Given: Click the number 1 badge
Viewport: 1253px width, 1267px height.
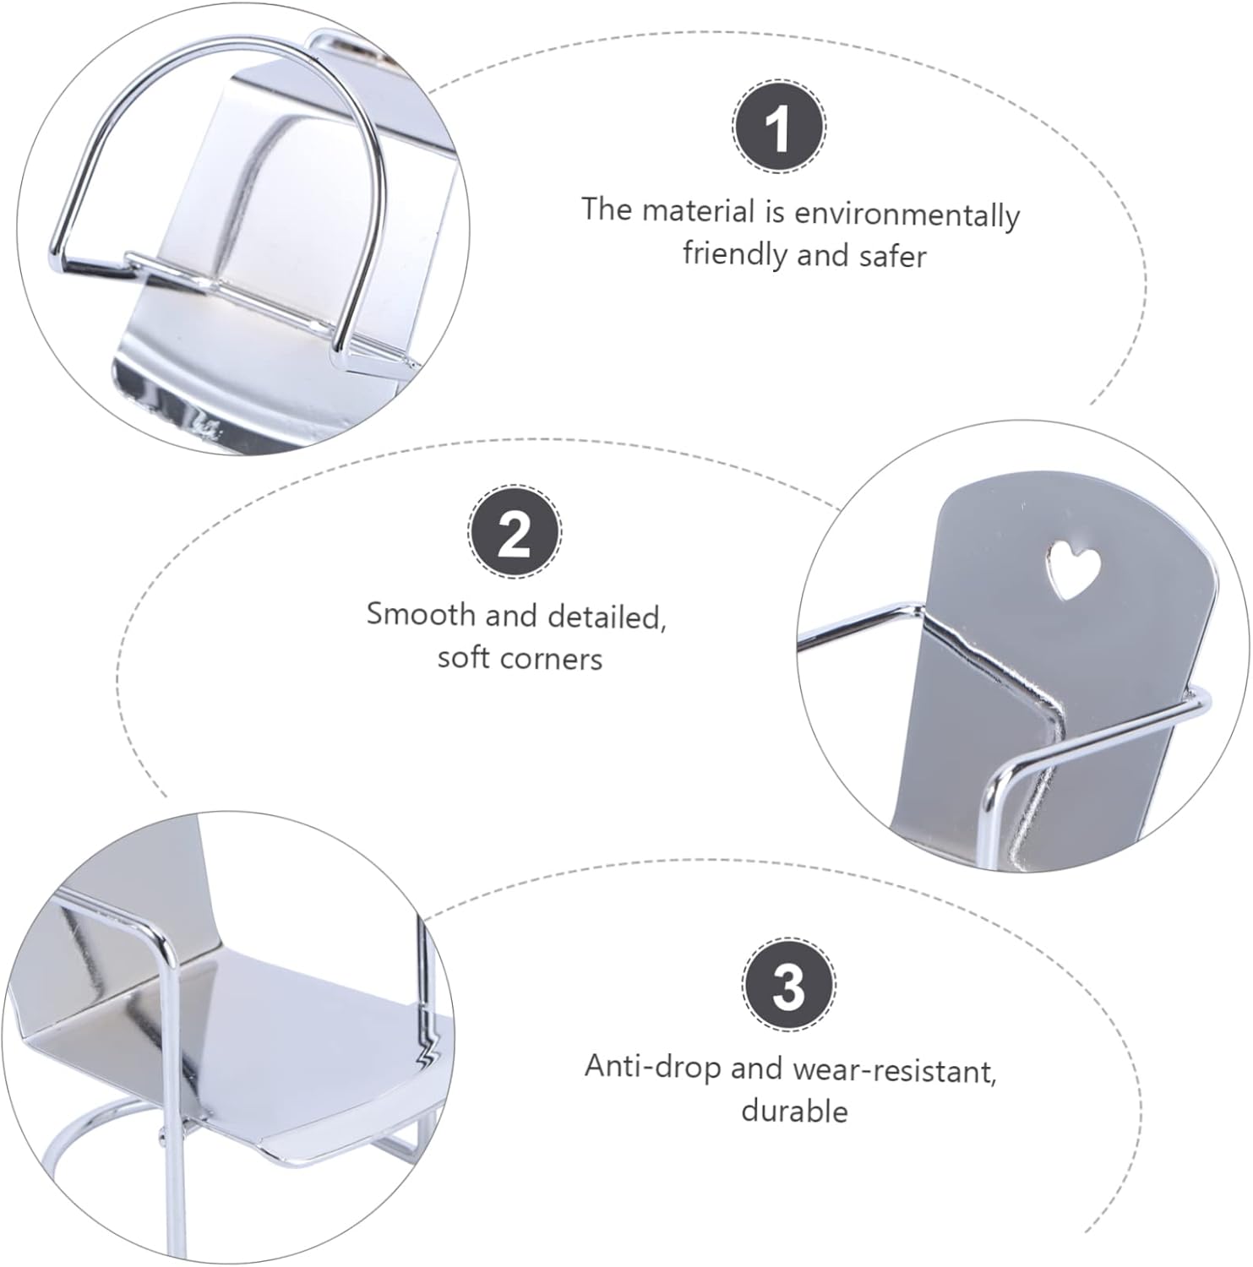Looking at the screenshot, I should pos(777,128).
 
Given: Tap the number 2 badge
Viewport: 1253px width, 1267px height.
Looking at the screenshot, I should pos(515,532).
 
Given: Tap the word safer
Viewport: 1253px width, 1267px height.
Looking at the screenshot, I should pos(894,255).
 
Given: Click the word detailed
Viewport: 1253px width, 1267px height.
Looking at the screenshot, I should pos(607,617).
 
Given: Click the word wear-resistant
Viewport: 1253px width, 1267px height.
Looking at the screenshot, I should pos(895,1070).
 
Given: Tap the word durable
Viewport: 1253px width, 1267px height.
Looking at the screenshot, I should pos(794,1110).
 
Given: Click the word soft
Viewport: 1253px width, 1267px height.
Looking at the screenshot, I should pos(464,658).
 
